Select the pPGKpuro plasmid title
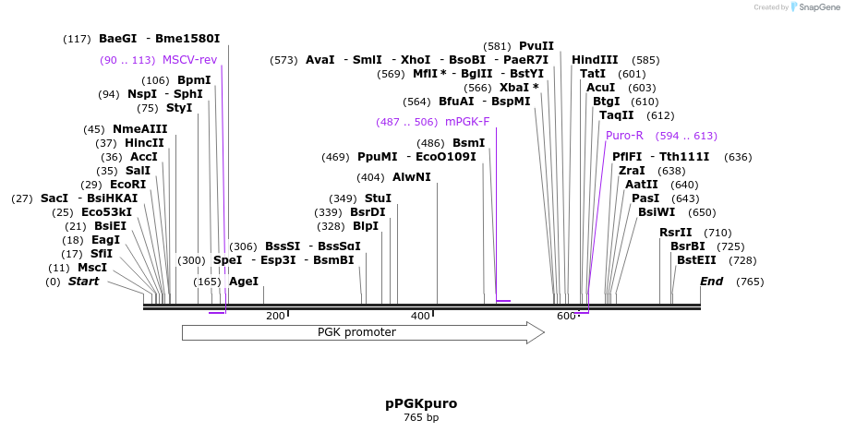click(x=421, y=403)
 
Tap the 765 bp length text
click(x=421, y=418)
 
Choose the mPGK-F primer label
click(x=467, y=121)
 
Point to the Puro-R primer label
click(x=624, y=136)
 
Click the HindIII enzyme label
click(x=595, y=60)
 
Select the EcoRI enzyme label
click(x=127, y=185)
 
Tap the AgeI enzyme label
click(x=243, y=282)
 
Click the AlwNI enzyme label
click(x=411, y=177)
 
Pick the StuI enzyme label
click(x=378, y=198)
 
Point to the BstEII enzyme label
click(x=696, y=260)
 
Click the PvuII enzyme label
click(x=537, y=45)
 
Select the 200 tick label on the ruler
click(x=275, y=317)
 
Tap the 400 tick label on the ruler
click(x=420, y=317)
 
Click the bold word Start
click(x=83, y=282)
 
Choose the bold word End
click(x=711, y=282)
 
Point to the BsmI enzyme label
click(x=468, y=143)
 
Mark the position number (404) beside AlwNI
click(x=370, y=177)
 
